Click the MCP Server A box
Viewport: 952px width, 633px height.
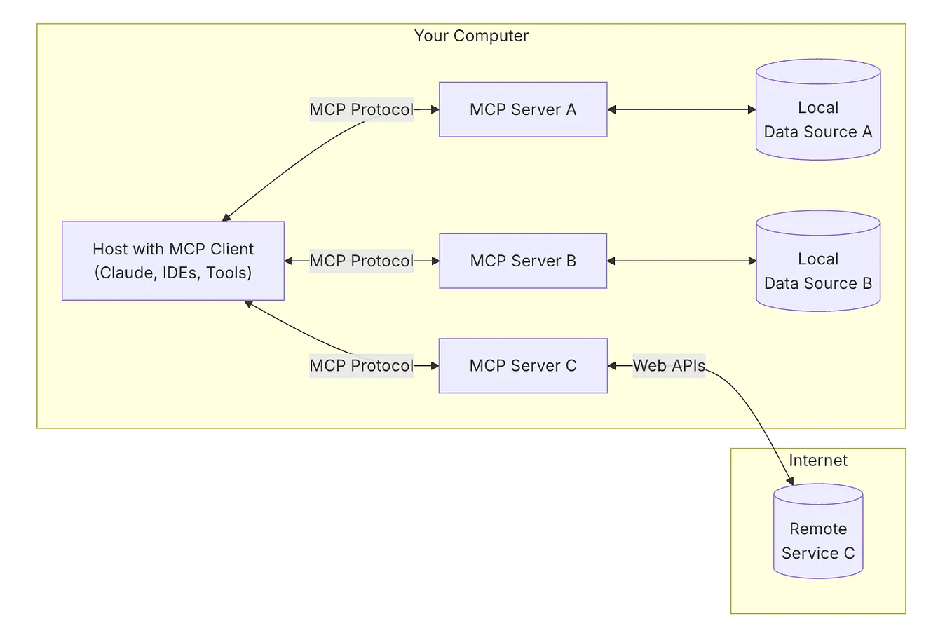[523, 109]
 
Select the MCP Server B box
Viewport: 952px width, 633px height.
[523, 261]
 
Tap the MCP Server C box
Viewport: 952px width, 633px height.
[523, 366]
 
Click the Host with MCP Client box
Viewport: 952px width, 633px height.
[173, 261]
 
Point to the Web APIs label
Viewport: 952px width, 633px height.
[669, 366]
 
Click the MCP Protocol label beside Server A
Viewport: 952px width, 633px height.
[361, 109]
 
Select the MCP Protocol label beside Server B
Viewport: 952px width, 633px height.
[361, 261]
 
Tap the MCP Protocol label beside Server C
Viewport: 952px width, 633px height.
[361, 366]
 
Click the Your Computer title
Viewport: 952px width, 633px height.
[471, 36]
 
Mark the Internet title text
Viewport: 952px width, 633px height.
[818, 461]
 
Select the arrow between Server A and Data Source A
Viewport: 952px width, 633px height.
[681, 109]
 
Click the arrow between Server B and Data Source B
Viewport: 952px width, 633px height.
[681, 261]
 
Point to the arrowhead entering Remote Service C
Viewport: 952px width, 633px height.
[790, 481]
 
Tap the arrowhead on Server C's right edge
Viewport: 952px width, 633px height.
[612, 366]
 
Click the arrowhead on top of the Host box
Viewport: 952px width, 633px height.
[226, 217]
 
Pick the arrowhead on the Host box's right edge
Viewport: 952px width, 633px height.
[289, 261]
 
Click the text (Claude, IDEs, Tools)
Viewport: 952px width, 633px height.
[173, 273]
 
